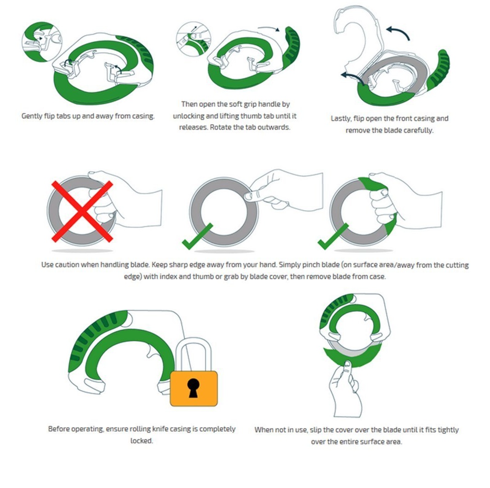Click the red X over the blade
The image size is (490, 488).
coord(82,212)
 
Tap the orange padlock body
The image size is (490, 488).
coord(194,388)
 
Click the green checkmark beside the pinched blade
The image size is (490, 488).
coord(197,236)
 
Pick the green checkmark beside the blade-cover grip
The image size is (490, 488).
coord(332,236)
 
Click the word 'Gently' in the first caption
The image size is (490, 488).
coord(32,116)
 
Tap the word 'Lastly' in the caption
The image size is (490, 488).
coord(340,119)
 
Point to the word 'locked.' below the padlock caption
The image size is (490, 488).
coord(142,441)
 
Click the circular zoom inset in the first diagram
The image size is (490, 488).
coord(42,42)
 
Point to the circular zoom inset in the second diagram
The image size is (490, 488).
coord(193,39)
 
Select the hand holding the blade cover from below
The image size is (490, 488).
coord(346,389)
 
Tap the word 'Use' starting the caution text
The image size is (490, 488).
coord(47,265)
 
